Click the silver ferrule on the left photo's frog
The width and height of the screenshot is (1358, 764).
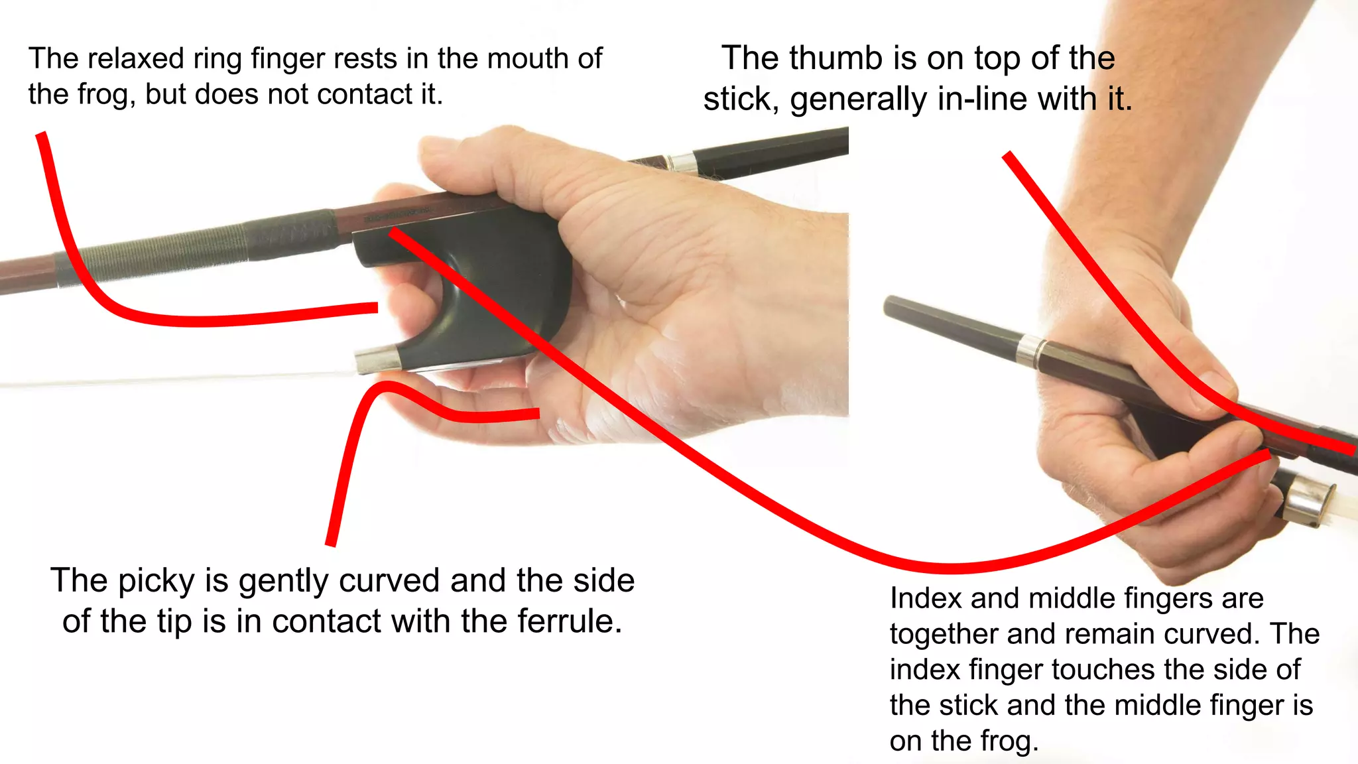pos(377,359)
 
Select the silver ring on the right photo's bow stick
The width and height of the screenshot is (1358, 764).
pos(1030,351)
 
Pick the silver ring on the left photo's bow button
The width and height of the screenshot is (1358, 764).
pos(680,163)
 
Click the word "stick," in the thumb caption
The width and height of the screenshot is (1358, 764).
pos(741,99)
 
